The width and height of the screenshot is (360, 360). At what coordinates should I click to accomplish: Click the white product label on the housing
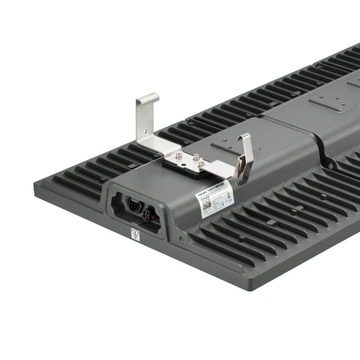(214, 195)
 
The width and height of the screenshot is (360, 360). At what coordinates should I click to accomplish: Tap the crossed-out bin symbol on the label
(225, 196)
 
